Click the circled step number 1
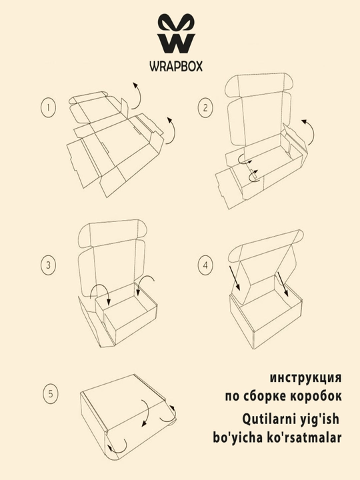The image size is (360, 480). click(x=49, y=107)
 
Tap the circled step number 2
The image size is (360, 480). click(x=205, y=107)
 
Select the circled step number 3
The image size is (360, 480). click(x=49, y=265)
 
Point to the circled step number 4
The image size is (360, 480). click(x=205, y=265)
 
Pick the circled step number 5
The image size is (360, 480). click(x=51, y=393)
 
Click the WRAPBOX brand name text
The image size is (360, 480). click(x=176, y=66)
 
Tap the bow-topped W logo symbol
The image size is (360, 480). click(x=176, y=33)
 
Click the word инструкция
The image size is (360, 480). click(x=305, y=378)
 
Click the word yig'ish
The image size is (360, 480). click(x=319, y=419)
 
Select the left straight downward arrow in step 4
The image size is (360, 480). click(x=235, y=278)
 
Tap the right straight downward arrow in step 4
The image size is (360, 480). click(x=283, y=285)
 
